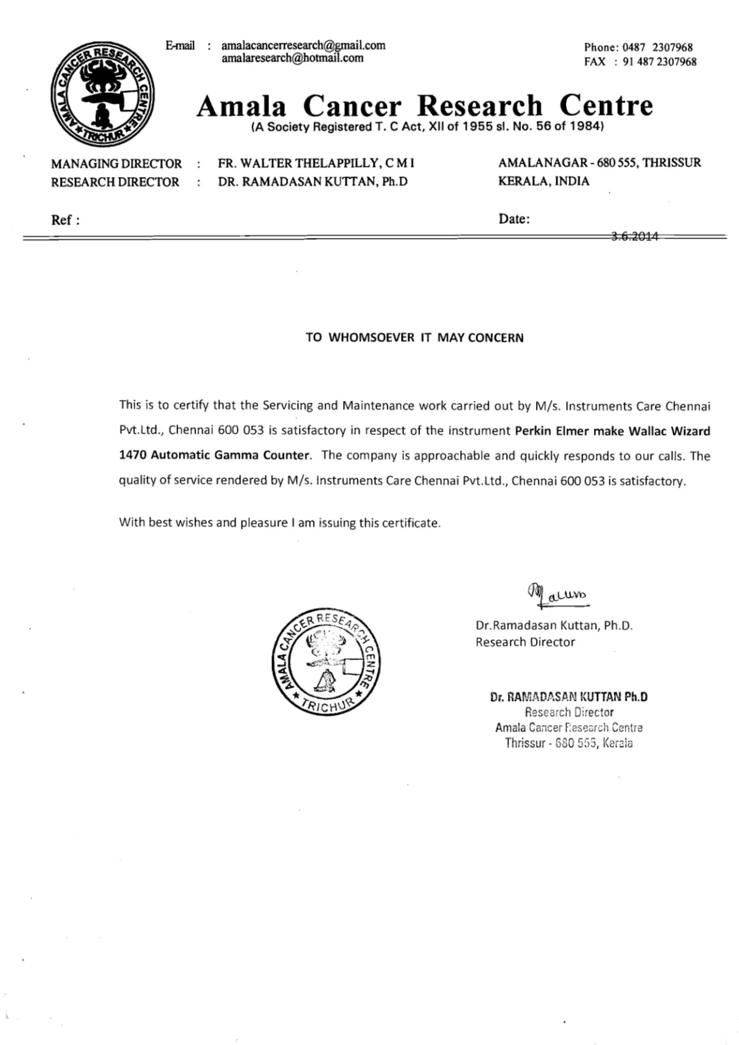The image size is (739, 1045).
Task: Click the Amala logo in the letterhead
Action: pos(102,94)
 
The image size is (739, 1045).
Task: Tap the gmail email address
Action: pos(303,45)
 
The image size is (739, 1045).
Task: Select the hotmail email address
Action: pos(292,58)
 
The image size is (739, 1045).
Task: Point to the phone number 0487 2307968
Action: pos(657,47)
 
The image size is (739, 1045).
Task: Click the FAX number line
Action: pos(640,62)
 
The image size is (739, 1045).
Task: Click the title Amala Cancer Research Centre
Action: pos(424,106)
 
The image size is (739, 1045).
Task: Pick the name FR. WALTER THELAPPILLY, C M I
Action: pos(316,163)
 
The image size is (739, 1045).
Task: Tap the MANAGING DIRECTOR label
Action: pos(116,163)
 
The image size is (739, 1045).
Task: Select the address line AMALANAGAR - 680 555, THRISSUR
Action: pos(599,162)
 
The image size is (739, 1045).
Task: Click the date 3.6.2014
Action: pos(635,236)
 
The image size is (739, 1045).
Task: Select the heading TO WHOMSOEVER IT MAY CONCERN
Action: pos(414,338)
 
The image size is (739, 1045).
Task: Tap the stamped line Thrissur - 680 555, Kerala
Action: pos(568,743)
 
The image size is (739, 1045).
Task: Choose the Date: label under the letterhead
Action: pos(514,219)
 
